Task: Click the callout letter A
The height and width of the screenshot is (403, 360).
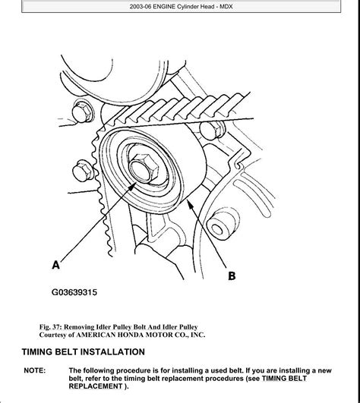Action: coord(55,265)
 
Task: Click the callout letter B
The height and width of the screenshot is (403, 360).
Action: coord(232,275)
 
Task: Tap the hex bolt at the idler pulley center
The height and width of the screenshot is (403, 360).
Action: coord(144,168)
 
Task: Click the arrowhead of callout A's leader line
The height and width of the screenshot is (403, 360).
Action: coord(132,187)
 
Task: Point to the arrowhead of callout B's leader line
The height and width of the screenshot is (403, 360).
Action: coord(190,204)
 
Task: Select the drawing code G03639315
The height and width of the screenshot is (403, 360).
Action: coord(74,292)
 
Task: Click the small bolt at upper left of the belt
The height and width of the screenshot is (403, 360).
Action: coord(83,112)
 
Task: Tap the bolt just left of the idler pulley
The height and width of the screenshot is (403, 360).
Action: coord(83,171)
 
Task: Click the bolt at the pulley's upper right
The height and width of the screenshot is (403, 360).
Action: coord(212,131)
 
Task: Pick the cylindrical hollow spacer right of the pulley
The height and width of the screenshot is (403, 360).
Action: coord(222,226)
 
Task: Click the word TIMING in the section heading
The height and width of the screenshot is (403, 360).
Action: coord(37,351)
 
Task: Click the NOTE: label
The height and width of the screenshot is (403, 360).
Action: coord(34,370)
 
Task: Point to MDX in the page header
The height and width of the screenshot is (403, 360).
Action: coord(226,6)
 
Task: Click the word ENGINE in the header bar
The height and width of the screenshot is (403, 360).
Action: coord(164,6)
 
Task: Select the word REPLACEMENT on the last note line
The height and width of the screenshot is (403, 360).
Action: coord(96,386)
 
